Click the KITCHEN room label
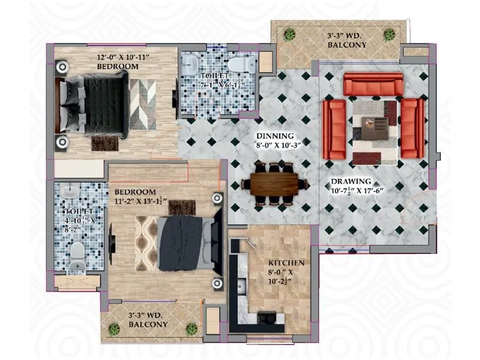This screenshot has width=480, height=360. [286, 263]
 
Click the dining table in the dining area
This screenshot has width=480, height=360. [274, 184]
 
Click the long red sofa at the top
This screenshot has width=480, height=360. [373, 85]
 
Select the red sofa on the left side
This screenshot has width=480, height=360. [334, 128]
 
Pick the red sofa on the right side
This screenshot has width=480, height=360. [412, 128]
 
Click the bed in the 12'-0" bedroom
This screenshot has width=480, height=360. [96, 101]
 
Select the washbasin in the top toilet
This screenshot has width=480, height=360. [191, 64]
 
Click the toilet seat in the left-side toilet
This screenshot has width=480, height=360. [77, 256]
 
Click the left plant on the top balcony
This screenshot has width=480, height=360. [290, 34]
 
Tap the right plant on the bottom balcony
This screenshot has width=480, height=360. [191, 328]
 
